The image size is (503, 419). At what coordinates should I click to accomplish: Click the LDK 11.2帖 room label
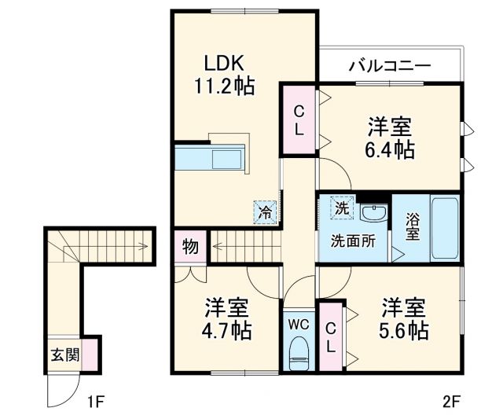click(x=224, y=74)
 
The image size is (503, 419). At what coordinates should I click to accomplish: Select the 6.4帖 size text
click(x=390, y=148)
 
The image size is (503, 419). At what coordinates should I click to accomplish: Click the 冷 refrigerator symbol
click(x=265, y=211)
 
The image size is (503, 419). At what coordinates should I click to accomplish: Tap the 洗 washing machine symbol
click(x=342, y=208)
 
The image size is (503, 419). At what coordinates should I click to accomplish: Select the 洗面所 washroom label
click(x=351, y=241)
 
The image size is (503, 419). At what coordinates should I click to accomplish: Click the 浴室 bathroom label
click(x=412, y=226)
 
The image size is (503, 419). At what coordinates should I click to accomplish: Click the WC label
click(x=298, y=323)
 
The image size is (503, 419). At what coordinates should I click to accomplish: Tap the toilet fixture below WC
click(x=299, y=353)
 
